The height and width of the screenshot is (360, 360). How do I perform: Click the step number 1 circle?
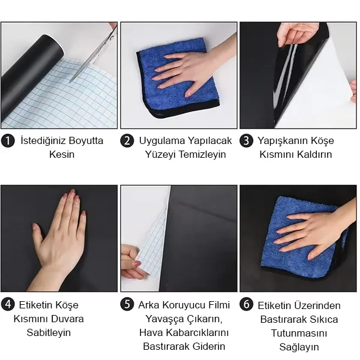tap(8, 141)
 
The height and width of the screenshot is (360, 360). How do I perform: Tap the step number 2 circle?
tap(127, 141)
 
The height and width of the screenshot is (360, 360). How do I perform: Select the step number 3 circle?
tap(247, 141)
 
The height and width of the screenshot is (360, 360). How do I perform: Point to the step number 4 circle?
tap(8, 305)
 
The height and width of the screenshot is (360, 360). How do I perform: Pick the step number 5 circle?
tap(127, 305)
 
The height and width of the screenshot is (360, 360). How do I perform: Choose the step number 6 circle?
tap(247, 305)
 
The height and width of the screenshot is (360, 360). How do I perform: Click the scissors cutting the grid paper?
tap(94, 53)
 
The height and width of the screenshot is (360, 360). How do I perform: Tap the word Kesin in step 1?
tap(62, 154)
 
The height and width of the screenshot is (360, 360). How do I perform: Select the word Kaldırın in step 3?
tap(314, 154)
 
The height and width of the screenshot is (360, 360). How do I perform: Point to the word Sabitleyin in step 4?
tap(49, 332)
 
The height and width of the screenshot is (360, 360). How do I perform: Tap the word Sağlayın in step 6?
tap(299, 347)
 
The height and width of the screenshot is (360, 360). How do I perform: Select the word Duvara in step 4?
tap(67, 319)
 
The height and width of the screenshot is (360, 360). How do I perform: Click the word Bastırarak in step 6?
tap(283, 319)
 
